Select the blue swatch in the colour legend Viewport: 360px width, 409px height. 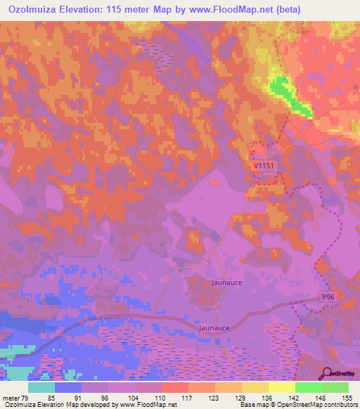68,387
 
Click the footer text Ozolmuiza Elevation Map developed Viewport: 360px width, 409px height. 56,404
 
